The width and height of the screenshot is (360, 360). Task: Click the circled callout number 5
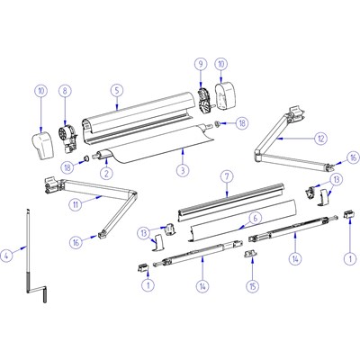click(x=117, y=90)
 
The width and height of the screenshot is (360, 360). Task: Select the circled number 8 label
click(x=65, y=90)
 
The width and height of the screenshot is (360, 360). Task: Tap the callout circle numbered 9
click(x=201, y=64)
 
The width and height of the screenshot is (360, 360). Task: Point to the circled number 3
click(x=183, y=170)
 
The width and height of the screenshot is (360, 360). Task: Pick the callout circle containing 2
click(x=107, y=173)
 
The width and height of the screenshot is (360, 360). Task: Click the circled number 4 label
click(x=7, y=256)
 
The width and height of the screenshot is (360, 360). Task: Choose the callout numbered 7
click(x=227, y=176)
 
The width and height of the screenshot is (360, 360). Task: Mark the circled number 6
click(x=255, y=218)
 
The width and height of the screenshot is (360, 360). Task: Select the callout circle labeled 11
click(x=76, y=205)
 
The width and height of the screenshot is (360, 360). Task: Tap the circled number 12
click(x=320, y=139)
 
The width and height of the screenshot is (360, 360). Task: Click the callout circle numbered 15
click(x=253, y=285)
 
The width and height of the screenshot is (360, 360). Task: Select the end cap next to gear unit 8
click(x=43, y=145)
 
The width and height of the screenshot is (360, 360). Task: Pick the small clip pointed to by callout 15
click(x=251, y=254)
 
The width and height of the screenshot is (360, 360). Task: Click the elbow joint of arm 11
click(x=133, y=193)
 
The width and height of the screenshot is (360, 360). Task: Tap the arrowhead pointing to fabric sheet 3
click(x=183, y=152)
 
